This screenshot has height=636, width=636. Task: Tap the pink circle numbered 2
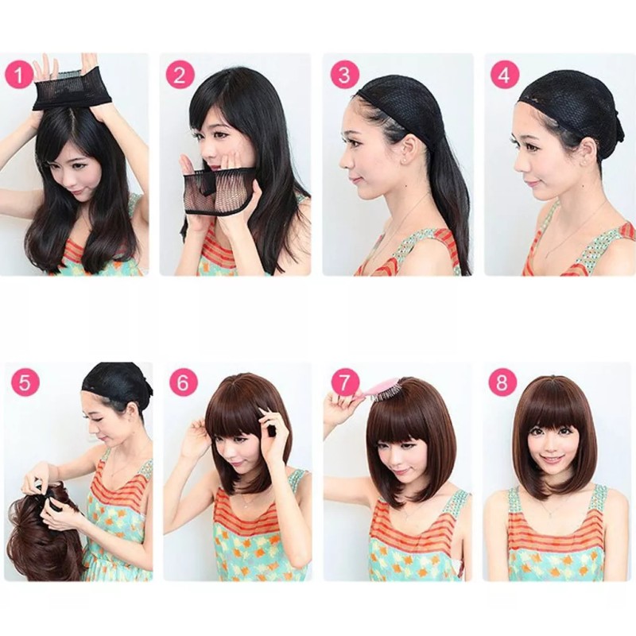[x=180, y=76]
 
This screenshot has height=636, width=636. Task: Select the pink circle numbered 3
[x=343, y=76]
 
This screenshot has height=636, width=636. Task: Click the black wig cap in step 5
[x=118, y=381]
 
